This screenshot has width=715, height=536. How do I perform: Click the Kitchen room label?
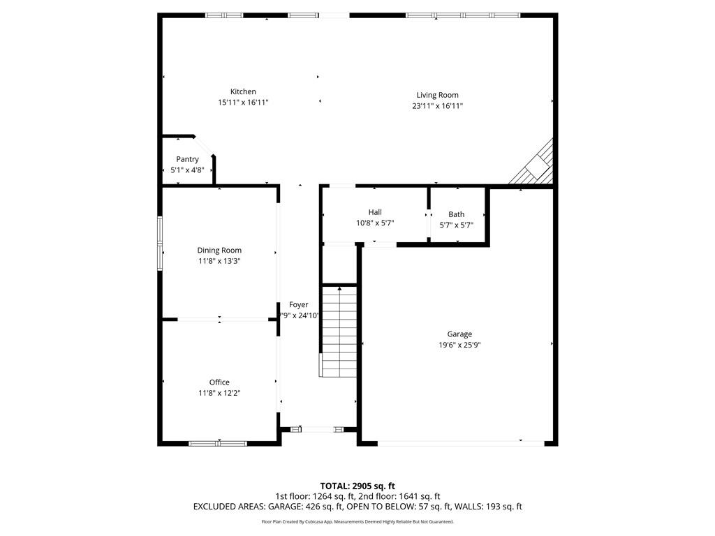tap(243, 91)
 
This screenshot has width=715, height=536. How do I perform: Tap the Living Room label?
tap(437, 95)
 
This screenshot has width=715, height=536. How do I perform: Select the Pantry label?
tap(187, 159)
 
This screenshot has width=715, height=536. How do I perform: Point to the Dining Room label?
tap(219, 250)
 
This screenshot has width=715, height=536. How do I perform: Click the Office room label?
tap(219, 382)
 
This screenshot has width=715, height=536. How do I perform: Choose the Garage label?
tap(459, 334)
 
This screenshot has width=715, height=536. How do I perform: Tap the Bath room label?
tap(456, 214)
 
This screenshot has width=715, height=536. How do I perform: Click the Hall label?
tap(375, 212)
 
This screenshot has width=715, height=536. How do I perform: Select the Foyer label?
tap(299, 304)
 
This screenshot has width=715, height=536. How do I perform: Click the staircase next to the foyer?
tap(339, 332)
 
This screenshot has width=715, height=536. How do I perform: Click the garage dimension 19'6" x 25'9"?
tap(459, 344)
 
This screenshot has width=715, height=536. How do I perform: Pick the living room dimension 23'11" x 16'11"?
tap(437, 106)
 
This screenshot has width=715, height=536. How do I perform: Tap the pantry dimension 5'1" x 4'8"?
tap(187, 170)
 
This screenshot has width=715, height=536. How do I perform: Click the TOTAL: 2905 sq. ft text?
tap(357, 486)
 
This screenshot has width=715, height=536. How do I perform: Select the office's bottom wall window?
tap(218, 442)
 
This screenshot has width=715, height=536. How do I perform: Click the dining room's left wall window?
tap(160, 242)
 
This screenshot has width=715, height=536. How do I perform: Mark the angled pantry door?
tap(204, 146)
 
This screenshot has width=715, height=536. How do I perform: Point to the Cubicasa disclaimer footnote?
tap(357, 521)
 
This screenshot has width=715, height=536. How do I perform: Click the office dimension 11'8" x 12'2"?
tap(219, 392)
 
